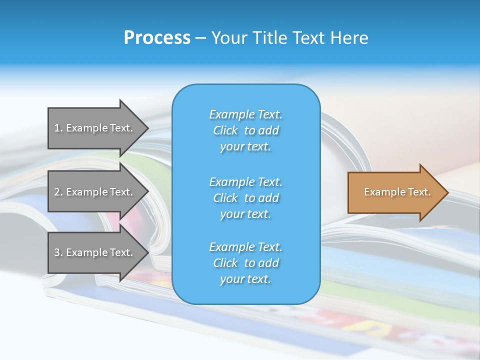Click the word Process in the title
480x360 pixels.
tap(157, 38)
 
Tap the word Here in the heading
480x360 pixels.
tap(349, 38)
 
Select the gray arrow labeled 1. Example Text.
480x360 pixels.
tap(95, 128)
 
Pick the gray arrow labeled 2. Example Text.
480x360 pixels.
tap(95, 192)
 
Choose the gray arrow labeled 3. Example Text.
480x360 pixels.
tap(95, 252)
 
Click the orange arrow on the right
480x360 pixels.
tap(395, 192)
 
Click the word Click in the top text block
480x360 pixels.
tap(225, 130)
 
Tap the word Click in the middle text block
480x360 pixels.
tap(225, 198)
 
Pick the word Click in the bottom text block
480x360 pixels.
tap(225, 263)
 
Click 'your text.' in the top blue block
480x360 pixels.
tap(245, 146)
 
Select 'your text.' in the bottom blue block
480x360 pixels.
tap(245, 279)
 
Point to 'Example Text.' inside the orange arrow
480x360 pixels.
tap(397, 192)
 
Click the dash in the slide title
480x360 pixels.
tap(200, 38)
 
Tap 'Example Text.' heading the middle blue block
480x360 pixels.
tap(245, 181)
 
